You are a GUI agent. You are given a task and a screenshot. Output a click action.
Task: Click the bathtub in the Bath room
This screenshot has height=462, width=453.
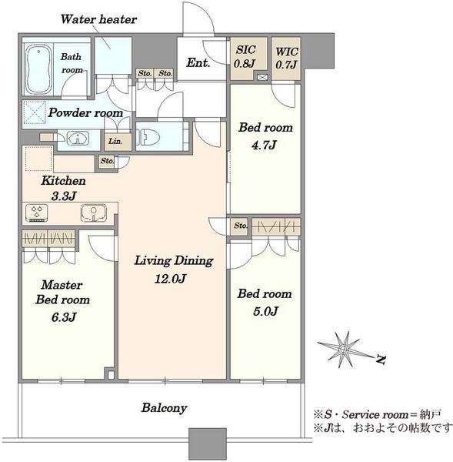[38, 69]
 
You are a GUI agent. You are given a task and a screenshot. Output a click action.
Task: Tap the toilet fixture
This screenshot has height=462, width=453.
[148, 137]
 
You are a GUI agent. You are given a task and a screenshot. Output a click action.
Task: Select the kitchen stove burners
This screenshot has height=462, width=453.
[37, 213]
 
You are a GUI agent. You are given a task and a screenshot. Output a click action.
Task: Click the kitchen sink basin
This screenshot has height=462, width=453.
[94, 213]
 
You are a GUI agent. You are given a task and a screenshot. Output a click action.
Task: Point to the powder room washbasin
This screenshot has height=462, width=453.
[78, 139]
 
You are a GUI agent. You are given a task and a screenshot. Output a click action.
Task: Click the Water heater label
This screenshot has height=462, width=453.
[98, 19]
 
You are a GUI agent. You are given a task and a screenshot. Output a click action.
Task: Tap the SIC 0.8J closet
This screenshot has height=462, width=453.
[248, 59]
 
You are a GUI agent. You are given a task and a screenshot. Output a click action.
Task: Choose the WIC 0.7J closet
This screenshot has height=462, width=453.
[286, 59]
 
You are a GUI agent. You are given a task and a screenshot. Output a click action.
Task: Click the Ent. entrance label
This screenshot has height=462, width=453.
[198, 62]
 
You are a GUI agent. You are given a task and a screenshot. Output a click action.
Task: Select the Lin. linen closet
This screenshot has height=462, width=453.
[118, 142]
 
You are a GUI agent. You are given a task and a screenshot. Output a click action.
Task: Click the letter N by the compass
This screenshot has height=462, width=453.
[381, 359]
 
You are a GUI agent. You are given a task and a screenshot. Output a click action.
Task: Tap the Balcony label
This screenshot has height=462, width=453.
[165, 408]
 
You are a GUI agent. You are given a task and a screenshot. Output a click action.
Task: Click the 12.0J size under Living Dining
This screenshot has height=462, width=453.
[170, 279]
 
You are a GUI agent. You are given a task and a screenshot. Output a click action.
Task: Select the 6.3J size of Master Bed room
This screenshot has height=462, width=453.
[64, 317]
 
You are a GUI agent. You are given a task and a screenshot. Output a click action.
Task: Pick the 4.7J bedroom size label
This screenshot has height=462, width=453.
[264, 145]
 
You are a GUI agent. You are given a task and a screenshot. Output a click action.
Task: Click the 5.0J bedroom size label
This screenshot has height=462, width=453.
[265, 311]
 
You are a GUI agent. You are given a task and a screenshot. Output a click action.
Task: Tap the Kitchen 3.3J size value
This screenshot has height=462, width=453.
[64, 196]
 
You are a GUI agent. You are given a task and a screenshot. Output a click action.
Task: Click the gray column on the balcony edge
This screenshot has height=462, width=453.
[208, 444]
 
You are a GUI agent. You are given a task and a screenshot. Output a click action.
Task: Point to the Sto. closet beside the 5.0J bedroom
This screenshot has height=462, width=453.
[239, 226]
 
